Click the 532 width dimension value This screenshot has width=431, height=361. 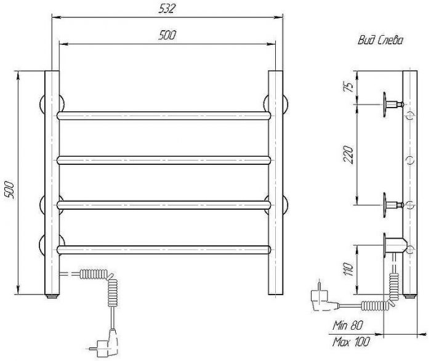click(167, 9)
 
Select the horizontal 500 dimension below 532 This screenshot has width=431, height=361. click(167, 35)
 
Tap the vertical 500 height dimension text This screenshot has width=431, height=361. click(9, 189)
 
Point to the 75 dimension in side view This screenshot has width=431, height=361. click(348, 87)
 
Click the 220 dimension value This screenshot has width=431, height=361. click(348, 154)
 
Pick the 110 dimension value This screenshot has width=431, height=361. click(348, 269)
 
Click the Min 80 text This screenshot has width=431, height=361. click(347, 325)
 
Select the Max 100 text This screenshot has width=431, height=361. click(351, 343)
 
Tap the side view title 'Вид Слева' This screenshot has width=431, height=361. click(381, 41)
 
